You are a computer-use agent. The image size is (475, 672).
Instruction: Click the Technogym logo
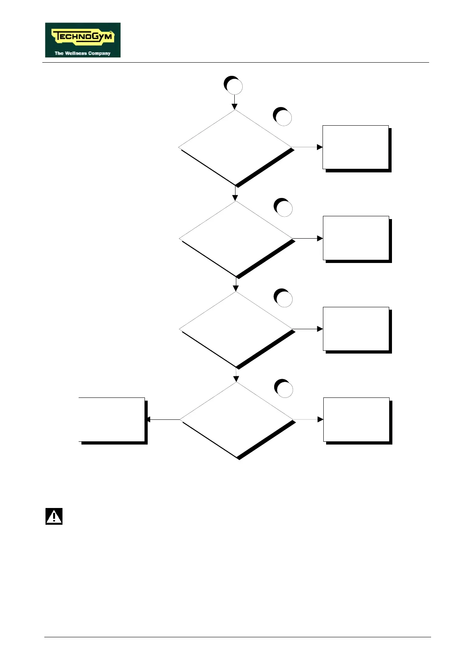click(x=83, y=40)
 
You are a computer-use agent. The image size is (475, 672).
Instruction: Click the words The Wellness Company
click(x=82, y=53)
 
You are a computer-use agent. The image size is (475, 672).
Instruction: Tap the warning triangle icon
click(x=54, y=516)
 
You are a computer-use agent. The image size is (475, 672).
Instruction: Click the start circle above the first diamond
click(x=234, y=86)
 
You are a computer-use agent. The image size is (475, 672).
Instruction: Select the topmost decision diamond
click(x=235, y=147)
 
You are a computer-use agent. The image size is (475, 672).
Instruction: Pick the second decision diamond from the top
click(x=236, y=238)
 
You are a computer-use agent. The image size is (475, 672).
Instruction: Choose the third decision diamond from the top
click(x=236, y=329)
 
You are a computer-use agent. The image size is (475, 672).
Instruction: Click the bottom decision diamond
click(x=237, y=420)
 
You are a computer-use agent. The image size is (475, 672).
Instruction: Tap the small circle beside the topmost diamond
click(x=283, y=117)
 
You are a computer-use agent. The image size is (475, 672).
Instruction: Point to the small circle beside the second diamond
click(x=283, y=208)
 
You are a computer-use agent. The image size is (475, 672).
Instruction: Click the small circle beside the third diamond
click(x=283, y=298)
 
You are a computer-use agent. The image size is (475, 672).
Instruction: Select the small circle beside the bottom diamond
click(x=284, y=389)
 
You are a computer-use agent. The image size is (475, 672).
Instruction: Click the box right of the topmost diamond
click(x=356, y=147)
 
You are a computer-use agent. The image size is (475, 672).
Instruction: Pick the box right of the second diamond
click(x=356, y=238)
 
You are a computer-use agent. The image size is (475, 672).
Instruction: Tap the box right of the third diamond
click(x=356, y=329)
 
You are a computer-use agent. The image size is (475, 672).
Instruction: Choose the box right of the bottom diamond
click(x=356, y=419)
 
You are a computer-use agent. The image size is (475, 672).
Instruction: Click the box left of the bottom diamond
click(x=112, y=419)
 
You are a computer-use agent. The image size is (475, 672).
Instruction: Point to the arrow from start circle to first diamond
click(x=234, y=102)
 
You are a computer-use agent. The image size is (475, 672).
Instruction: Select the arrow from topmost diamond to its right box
click(x=307, y=147)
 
